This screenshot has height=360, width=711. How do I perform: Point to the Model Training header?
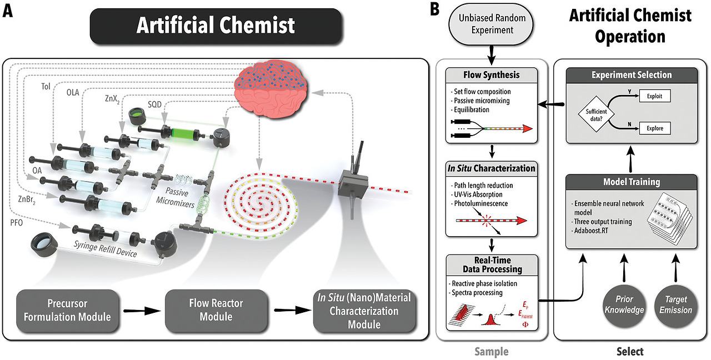coord(631,182)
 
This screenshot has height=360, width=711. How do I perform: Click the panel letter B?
coord(436,10)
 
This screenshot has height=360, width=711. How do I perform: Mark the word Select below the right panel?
coord(630,351)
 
